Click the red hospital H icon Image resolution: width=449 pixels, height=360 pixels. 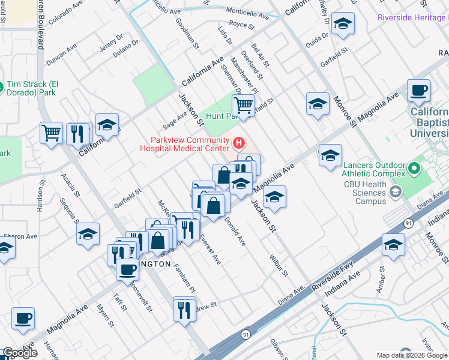pos(239,143)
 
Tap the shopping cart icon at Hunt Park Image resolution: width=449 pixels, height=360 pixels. pos(243,105)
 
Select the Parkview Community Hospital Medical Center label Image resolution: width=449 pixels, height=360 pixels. pos(185,143)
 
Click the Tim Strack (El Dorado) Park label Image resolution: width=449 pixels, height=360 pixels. pos(36,88)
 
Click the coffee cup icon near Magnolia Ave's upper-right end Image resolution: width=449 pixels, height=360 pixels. pos(418,91)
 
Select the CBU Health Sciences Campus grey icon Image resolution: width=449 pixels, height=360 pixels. pos(395,191)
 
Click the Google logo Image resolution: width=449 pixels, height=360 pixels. pos(20,353)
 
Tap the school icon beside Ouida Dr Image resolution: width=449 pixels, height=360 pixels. pos(343,24)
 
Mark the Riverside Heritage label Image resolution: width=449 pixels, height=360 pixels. pos(413,17)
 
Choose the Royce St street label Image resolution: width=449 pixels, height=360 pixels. pos(242,25)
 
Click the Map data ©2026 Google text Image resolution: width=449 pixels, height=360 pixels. pos(412,355)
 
